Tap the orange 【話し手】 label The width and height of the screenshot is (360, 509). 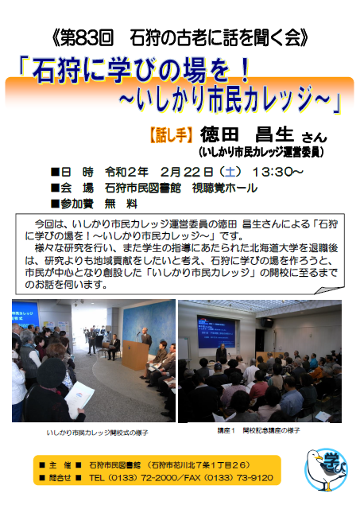tap(171, 134)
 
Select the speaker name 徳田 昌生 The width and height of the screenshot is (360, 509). tap(247, 134)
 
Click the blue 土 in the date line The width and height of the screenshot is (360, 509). tap(230, 172)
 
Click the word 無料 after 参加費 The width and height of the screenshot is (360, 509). tap(121, 204)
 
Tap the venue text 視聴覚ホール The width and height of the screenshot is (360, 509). tap(225, 188)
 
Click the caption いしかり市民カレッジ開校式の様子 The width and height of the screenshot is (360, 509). tap(97, 433)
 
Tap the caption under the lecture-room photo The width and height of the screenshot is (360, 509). tap(258, 431)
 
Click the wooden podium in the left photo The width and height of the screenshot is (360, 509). tap(135, 355)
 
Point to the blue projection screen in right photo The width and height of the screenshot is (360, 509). tap(217, 332)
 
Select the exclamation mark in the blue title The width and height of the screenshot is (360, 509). tap(246, 70)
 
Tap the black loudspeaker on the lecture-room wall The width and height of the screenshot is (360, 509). tap(267, 322)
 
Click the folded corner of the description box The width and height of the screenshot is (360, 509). tap(328, 290)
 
